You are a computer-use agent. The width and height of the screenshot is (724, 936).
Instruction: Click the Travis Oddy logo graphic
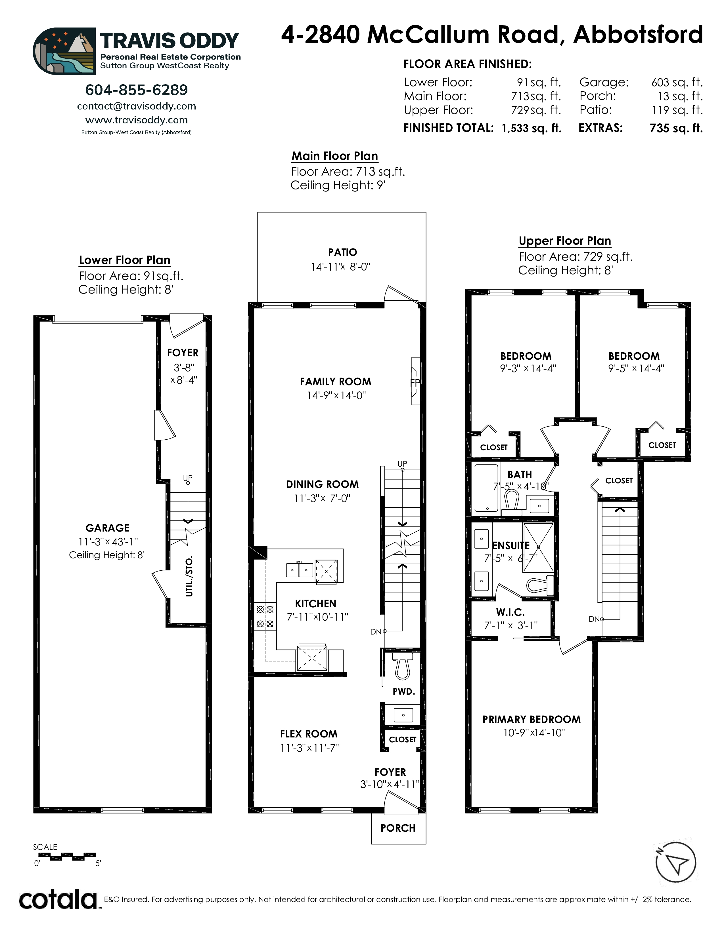tap(64, 51)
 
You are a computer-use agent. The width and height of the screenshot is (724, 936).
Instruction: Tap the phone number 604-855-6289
tap(136, 90)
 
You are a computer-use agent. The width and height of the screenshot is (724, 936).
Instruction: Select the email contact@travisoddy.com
tap(136, 106)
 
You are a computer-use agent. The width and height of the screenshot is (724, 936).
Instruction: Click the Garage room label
tap(107, 528)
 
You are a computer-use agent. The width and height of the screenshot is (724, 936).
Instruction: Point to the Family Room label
tap(335, 382)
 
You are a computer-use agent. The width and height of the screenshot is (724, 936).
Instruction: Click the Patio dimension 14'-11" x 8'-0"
tap(340, 267)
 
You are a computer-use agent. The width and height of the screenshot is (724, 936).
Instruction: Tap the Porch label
tap(398, 828)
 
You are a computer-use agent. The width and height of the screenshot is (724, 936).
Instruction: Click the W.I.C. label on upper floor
tap(510, 612)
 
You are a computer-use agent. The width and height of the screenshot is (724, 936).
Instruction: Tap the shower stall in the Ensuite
tap(538, 547)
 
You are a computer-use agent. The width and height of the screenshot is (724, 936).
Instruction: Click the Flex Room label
tap(309, 734)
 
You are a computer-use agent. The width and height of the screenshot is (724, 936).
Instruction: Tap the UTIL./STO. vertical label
tap(189, 576)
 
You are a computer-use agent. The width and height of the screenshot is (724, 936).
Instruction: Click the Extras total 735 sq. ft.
tap(676, 128)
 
